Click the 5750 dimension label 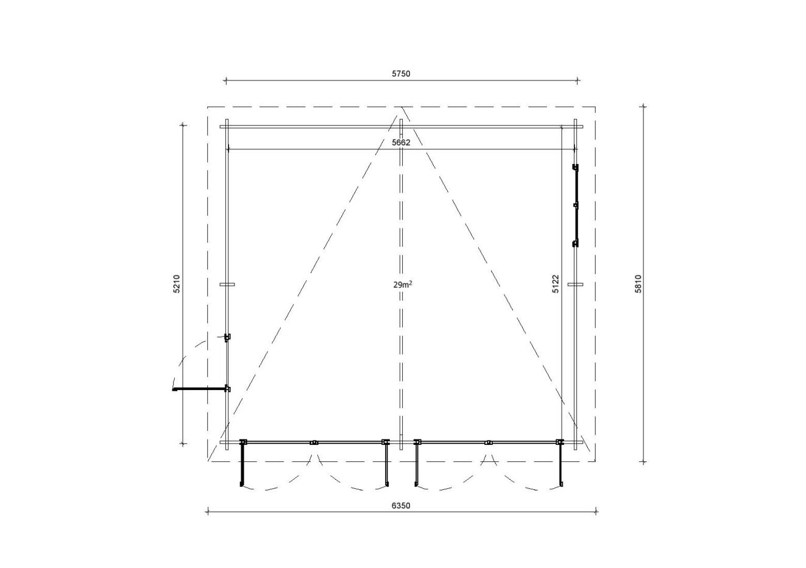[x=401, y=74]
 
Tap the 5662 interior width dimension [x=401, y=143]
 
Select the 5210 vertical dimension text [x=176, y=283]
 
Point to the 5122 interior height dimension [x=556, y=283]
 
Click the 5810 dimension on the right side [x=638, y=283]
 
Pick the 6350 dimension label [x=401, y=506]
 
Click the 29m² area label [x=402, y=285]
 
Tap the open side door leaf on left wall [x=200, y=388]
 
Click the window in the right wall [x=575, y=205]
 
